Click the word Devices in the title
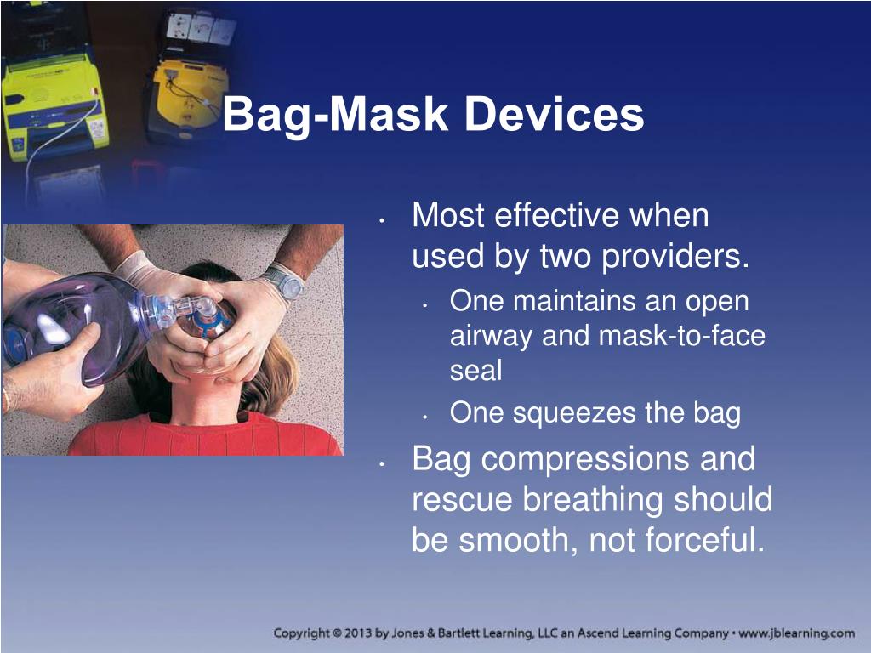point(554,114)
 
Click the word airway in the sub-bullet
point(491,337)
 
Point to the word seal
point(476,371)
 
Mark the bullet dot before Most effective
point(382,221)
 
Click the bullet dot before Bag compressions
point(382,463)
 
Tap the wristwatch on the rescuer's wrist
point(284,281)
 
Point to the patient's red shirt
point(206,436)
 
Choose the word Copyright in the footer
point(302,633)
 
